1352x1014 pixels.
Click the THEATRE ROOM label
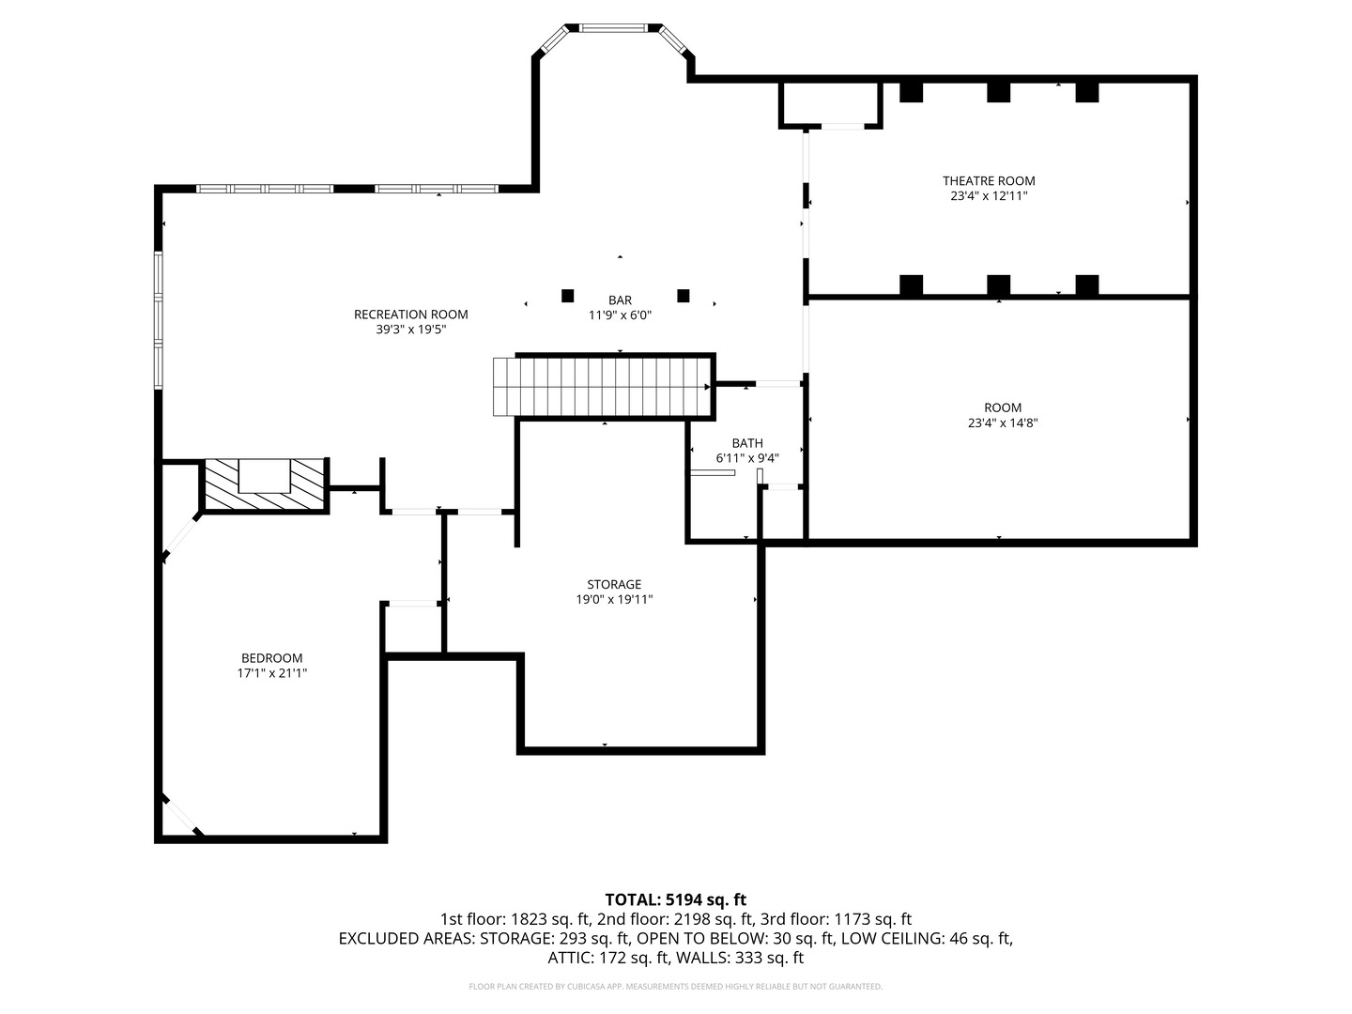[x=989, y=180]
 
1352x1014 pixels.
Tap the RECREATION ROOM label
[x=410, y=315]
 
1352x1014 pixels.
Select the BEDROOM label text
[x=271, y=658]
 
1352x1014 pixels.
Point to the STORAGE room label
[x=614, y=584]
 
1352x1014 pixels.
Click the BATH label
[x=747, y=443]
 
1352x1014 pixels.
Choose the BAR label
[x=620, y=300]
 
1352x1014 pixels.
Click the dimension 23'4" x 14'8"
[x=1003, y=422]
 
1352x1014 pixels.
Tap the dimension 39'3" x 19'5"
[x=410, y=330]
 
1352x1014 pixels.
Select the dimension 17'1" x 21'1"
[x=271, y=673]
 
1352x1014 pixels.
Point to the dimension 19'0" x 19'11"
[x=614, y=599]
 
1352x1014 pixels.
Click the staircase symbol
[x=601, y=386]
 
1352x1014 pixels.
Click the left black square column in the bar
[x=567, y=296]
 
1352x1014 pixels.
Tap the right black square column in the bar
[x=684, y=296]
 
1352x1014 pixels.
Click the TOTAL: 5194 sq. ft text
[x=675, y=899]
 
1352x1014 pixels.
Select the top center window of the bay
[x=613, y=28]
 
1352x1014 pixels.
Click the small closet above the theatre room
[x=830, y=103]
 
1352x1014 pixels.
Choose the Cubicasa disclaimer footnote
[x=675, y=987]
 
